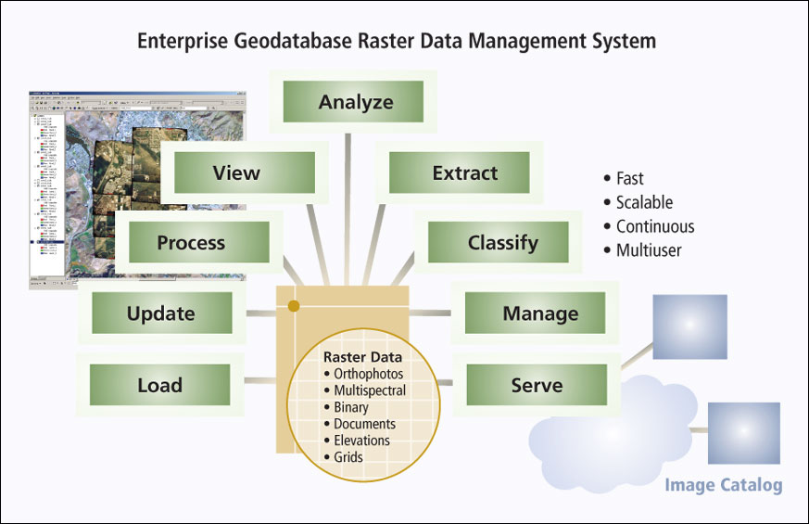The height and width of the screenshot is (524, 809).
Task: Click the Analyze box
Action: (355, 102)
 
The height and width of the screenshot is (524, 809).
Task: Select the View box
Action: (236, 173)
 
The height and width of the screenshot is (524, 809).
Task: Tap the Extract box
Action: (464, 173)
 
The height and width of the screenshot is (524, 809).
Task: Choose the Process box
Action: (191, 243)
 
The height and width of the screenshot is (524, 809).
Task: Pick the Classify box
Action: (502, 243)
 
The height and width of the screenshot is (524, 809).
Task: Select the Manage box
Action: (540, 313)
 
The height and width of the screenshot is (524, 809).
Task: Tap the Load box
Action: (159, 385)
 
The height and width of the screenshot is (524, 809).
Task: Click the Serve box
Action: (537, 385)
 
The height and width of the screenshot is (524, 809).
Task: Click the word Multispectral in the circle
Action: (369, 390)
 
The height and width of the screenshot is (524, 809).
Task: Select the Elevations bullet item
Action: (361, 441)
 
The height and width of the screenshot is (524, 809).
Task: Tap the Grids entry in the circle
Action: (348, 457)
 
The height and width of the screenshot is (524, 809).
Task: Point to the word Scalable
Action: (644, 202)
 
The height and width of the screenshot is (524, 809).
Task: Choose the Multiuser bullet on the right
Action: (649, 250)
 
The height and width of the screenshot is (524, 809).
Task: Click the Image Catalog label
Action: (723, 485)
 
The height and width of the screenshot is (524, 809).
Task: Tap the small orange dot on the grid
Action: (294, 305)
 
